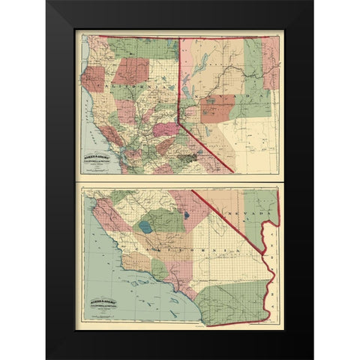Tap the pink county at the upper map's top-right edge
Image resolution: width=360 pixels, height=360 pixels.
[x=271, y=64]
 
